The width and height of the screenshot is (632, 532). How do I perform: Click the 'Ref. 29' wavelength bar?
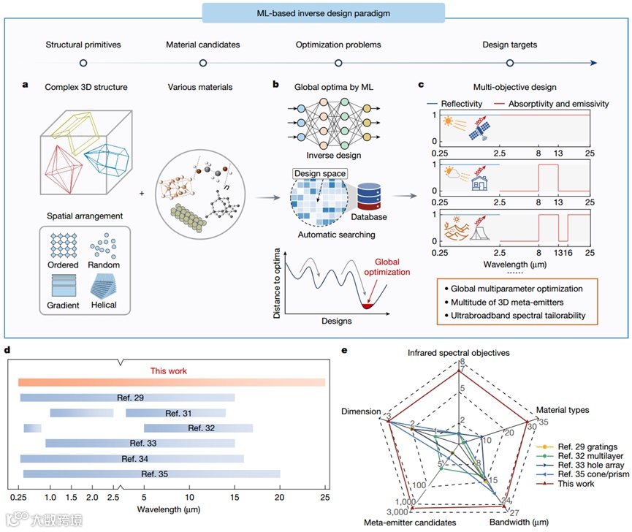(x=127, y=398)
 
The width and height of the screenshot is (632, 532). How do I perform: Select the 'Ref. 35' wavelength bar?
(x=151, y=474)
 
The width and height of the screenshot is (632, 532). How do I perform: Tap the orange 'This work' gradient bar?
(x=172, y=381)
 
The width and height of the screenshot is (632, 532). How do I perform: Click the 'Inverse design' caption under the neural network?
(x=313, y=155)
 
